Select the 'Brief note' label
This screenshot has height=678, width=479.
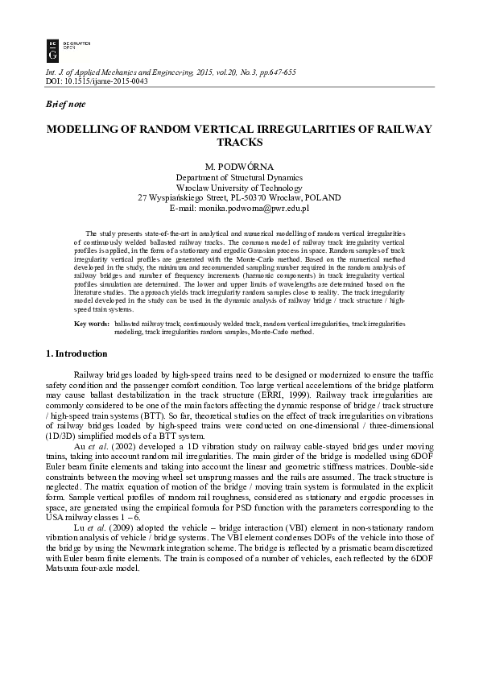64,105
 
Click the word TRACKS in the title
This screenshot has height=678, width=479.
239,142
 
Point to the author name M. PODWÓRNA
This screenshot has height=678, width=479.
239,164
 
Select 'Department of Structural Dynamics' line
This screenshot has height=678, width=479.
239,176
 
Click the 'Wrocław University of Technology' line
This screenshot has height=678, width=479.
239,187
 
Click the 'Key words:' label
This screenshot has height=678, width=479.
91,323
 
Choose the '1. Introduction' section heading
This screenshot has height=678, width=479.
76,353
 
